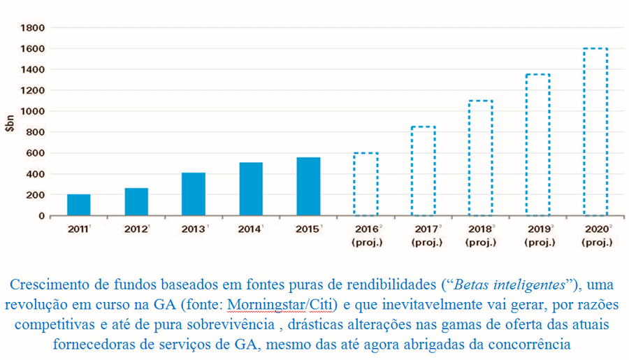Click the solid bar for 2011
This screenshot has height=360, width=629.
78,205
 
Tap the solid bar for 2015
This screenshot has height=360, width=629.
308,186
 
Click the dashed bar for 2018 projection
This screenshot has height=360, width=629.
480,158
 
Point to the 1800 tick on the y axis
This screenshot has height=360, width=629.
33,28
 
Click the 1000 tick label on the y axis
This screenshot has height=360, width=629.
33,111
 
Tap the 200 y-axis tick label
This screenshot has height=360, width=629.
36,195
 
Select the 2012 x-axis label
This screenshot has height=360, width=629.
136,229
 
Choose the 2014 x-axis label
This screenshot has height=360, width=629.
250,229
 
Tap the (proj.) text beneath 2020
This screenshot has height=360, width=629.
596,243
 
